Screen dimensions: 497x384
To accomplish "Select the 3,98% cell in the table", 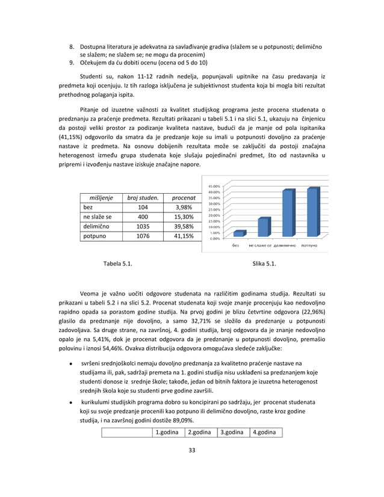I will click(x=183, y=207).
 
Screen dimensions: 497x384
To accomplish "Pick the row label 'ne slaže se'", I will click(x=98, y=217).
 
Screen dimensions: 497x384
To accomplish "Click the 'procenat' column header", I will click(x=183, y=197).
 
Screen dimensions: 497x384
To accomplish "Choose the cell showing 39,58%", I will click(x=183, y=227).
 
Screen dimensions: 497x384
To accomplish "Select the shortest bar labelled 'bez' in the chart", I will click(x=238, y=233).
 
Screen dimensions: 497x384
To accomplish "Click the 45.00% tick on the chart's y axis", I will click(x=214, y=186).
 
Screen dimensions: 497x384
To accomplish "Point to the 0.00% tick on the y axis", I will click(x=214, y=238).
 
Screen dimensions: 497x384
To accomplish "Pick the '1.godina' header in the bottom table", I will click(x=167, y=432).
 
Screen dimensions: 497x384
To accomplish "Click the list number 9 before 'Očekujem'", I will click(x=72, y=62).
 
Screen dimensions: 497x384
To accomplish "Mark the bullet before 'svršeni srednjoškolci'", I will click(x=72, y=363).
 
